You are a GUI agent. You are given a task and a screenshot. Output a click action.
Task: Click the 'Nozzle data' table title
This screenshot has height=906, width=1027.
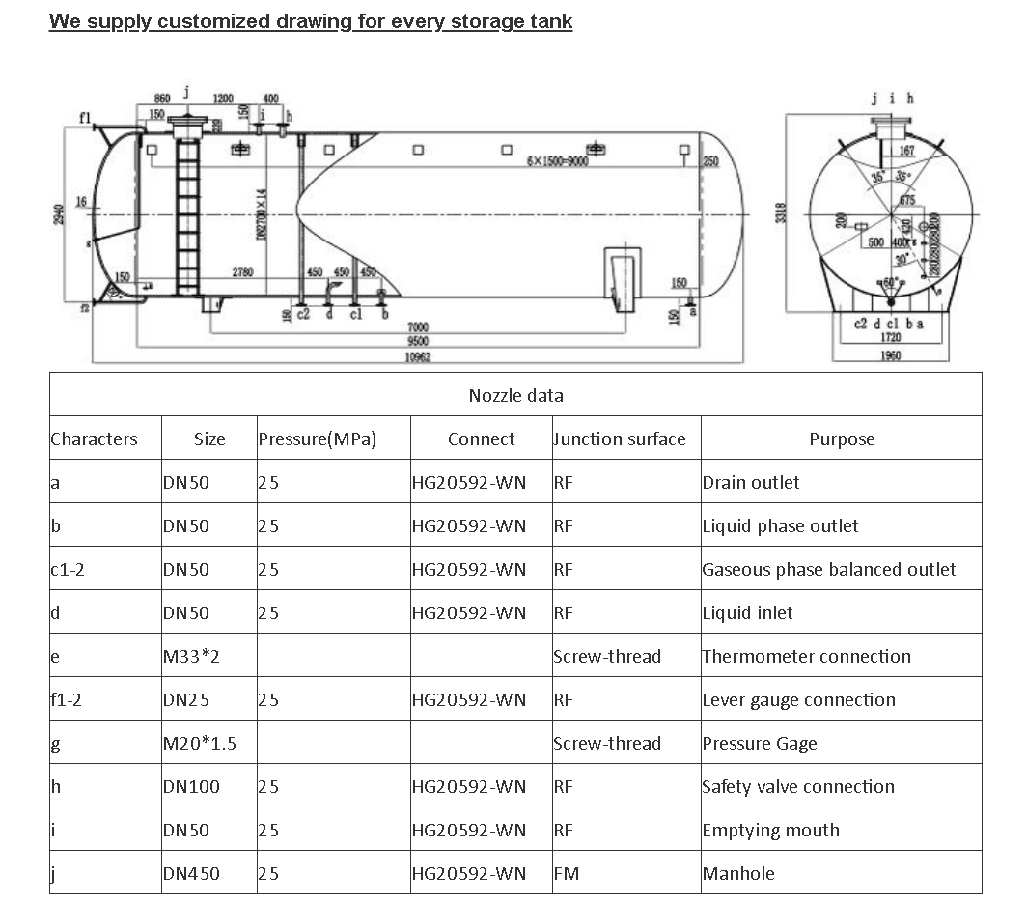pyautogui.click(x=515, y=395)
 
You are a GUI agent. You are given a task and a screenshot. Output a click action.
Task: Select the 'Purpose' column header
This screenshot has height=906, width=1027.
pyautogui.click(x=841, y=439)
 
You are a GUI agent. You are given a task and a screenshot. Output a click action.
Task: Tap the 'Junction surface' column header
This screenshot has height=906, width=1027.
pyautogui.click(x=620, y=439)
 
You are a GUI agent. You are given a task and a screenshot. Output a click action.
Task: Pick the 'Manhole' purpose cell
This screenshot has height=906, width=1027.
pyautogui.click(x=738, y=874)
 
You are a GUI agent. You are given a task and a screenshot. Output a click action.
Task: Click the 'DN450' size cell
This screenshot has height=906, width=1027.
pyautogui.click(x=191, y=874)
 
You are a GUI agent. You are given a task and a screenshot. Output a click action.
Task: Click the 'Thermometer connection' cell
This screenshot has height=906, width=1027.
pyautogui.click(x=806, y=657)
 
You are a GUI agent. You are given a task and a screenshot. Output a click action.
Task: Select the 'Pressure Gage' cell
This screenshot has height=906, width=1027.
pyautogui.click(x=760, y=744)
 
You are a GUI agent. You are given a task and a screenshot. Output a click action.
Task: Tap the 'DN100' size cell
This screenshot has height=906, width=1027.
pyautogui.click(x=191, y=787)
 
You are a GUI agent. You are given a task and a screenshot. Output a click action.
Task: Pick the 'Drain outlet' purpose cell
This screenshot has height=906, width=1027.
pyautogui.click(x=751, y=483)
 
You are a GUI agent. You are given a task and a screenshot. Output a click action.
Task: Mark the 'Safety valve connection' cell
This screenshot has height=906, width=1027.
pyautogui.click(x=798, y=787)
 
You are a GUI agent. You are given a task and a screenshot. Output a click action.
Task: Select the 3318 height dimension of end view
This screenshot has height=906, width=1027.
pyautogui.click(x=782, y=212)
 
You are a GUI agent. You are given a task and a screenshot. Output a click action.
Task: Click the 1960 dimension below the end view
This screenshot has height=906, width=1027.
pyautogui.click(x=891, y=356)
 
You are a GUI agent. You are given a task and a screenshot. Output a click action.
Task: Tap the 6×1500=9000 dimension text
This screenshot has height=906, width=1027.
pyautogui.click(x=557, y=161)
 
